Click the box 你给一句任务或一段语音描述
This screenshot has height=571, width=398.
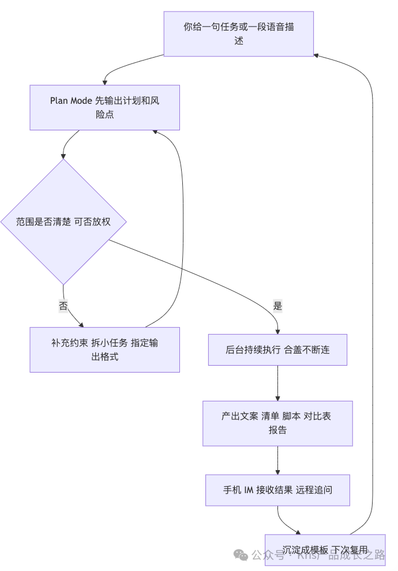(x=239, y=34)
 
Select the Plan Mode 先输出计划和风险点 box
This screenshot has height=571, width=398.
(x=104, y=107)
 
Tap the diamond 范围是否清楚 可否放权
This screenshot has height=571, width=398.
(x=63, y=221)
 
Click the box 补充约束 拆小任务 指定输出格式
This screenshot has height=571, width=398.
(x=104, y=350)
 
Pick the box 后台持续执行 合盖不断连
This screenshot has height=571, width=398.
(x=277, y=350)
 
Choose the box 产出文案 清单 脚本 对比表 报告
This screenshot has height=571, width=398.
(x=277, y=423)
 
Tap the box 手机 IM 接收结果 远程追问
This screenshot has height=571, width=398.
(x=277, y=490)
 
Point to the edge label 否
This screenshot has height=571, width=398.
(x=63, y=306)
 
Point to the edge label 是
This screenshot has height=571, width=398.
(x=277, y=306)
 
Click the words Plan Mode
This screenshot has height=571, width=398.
(x=70, y=101)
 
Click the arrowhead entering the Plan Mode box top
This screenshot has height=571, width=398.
(x=105, y=81)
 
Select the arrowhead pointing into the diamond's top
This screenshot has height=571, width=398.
(x=63, y=156)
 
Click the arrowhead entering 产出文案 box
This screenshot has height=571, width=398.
(x=277, y=398)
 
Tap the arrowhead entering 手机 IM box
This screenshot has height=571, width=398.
(x=277, y=471)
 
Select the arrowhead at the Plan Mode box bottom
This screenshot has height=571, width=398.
(x=155, y=133)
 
